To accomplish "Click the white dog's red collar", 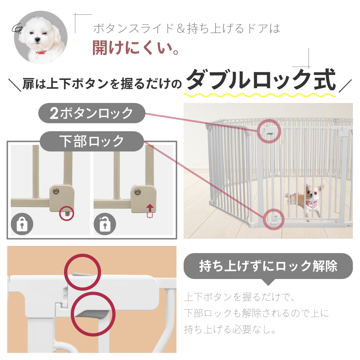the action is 41,52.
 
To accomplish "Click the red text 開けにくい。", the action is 135,48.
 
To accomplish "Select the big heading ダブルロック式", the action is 261,80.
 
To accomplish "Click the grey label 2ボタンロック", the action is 91,113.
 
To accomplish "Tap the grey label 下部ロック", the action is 91,141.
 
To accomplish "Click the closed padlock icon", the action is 22,224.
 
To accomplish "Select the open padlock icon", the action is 105,224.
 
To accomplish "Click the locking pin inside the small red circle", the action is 67,213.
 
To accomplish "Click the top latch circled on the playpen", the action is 269,131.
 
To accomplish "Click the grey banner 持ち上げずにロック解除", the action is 268,266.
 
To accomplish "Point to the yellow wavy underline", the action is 260,95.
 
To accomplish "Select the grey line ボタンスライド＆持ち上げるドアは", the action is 186,29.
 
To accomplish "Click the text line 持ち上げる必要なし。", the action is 230,330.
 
